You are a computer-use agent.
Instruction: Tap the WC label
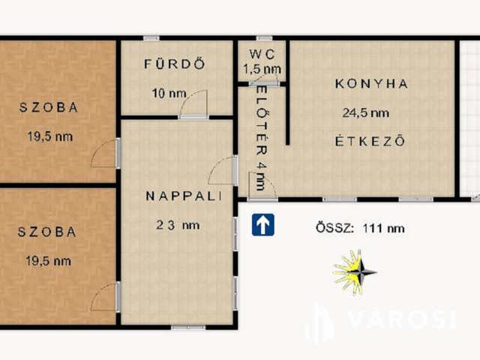[x=262, y=55]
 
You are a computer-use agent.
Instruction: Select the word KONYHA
[x=372, y=84]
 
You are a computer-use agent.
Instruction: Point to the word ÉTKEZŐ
[x=370, y=141]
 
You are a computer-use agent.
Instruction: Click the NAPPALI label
[x=184, y=196]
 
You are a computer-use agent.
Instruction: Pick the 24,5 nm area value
[x=366, y=113]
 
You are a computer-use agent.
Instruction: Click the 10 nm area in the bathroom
[x=169, y=93]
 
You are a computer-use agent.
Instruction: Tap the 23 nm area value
[x=178, y=225]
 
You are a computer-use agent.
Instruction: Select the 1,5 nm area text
[x=262, y=69]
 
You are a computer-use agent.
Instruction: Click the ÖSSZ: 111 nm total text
[x=360, y=228]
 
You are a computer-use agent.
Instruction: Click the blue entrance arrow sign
[x=263, y=225]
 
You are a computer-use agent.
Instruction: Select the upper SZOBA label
[x=49, y=107]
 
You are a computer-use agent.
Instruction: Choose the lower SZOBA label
[x=46, y=232]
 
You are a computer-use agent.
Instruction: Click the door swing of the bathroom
[x=193, y=104]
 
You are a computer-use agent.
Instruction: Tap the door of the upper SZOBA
[x=105, y=153]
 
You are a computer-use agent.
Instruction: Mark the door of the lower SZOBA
[x=105, y=297]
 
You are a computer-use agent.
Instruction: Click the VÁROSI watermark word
[x=403, y=319]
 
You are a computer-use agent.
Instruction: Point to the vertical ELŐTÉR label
[x=262, y=138]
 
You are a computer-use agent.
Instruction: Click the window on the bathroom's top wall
[x=151, y=38]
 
